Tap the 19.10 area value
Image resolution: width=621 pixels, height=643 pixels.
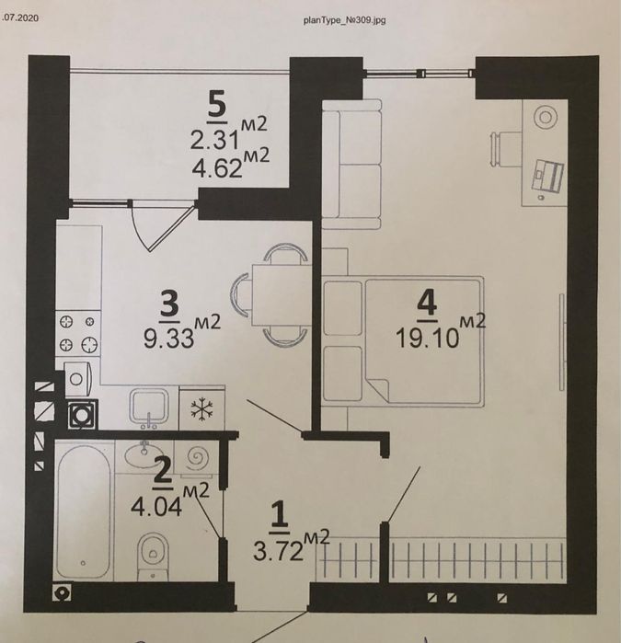tap(427, 339)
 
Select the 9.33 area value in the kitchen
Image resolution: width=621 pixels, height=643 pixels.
tap(169, 338)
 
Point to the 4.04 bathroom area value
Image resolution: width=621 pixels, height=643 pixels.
tap(156, 507)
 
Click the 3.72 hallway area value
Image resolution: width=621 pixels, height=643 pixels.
tap(278, 550)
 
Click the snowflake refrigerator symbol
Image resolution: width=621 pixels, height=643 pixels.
tap(201, 409)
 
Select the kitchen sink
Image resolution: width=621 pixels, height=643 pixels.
tap(149, 408)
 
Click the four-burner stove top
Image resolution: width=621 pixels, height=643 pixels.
tap(78, 334)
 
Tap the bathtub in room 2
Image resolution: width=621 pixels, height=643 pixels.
tap(84, 511)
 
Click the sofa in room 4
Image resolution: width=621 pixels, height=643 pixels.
tap(351, 164)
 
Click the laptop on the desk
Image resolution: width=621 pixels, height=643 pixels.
tap(547, 177)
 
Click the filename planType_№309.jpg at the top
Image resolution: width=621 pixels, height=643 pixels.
tap(345, 20)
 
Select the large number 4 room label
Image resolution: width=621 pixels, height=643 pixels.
tap(427, 305)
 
